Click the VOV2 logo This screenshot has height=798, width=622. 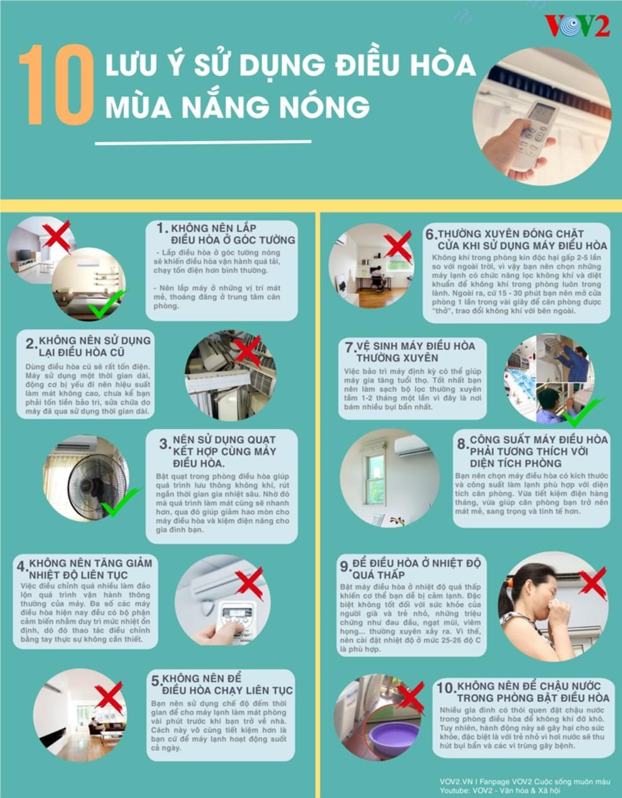tap(577, 26)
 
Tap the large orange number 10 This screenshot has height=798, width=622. tap(57, 85)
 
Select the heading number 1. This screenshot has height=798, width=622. tap(162, 229)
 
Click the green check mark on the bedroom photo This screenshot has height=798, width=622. tap(107, 304)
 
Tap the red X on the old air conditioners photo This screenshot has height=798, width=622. tap(248, 352)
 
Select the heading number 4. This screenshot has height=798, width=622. tap(22, 566)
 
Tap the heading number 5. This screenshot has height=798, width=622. tap(156, 681)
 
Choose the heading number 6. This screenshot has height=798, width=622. tap(431, 235)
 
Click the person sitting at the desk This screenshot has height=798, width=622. tap(376, 280)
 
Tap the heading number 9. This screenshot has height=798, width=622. tap(346, 566)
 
